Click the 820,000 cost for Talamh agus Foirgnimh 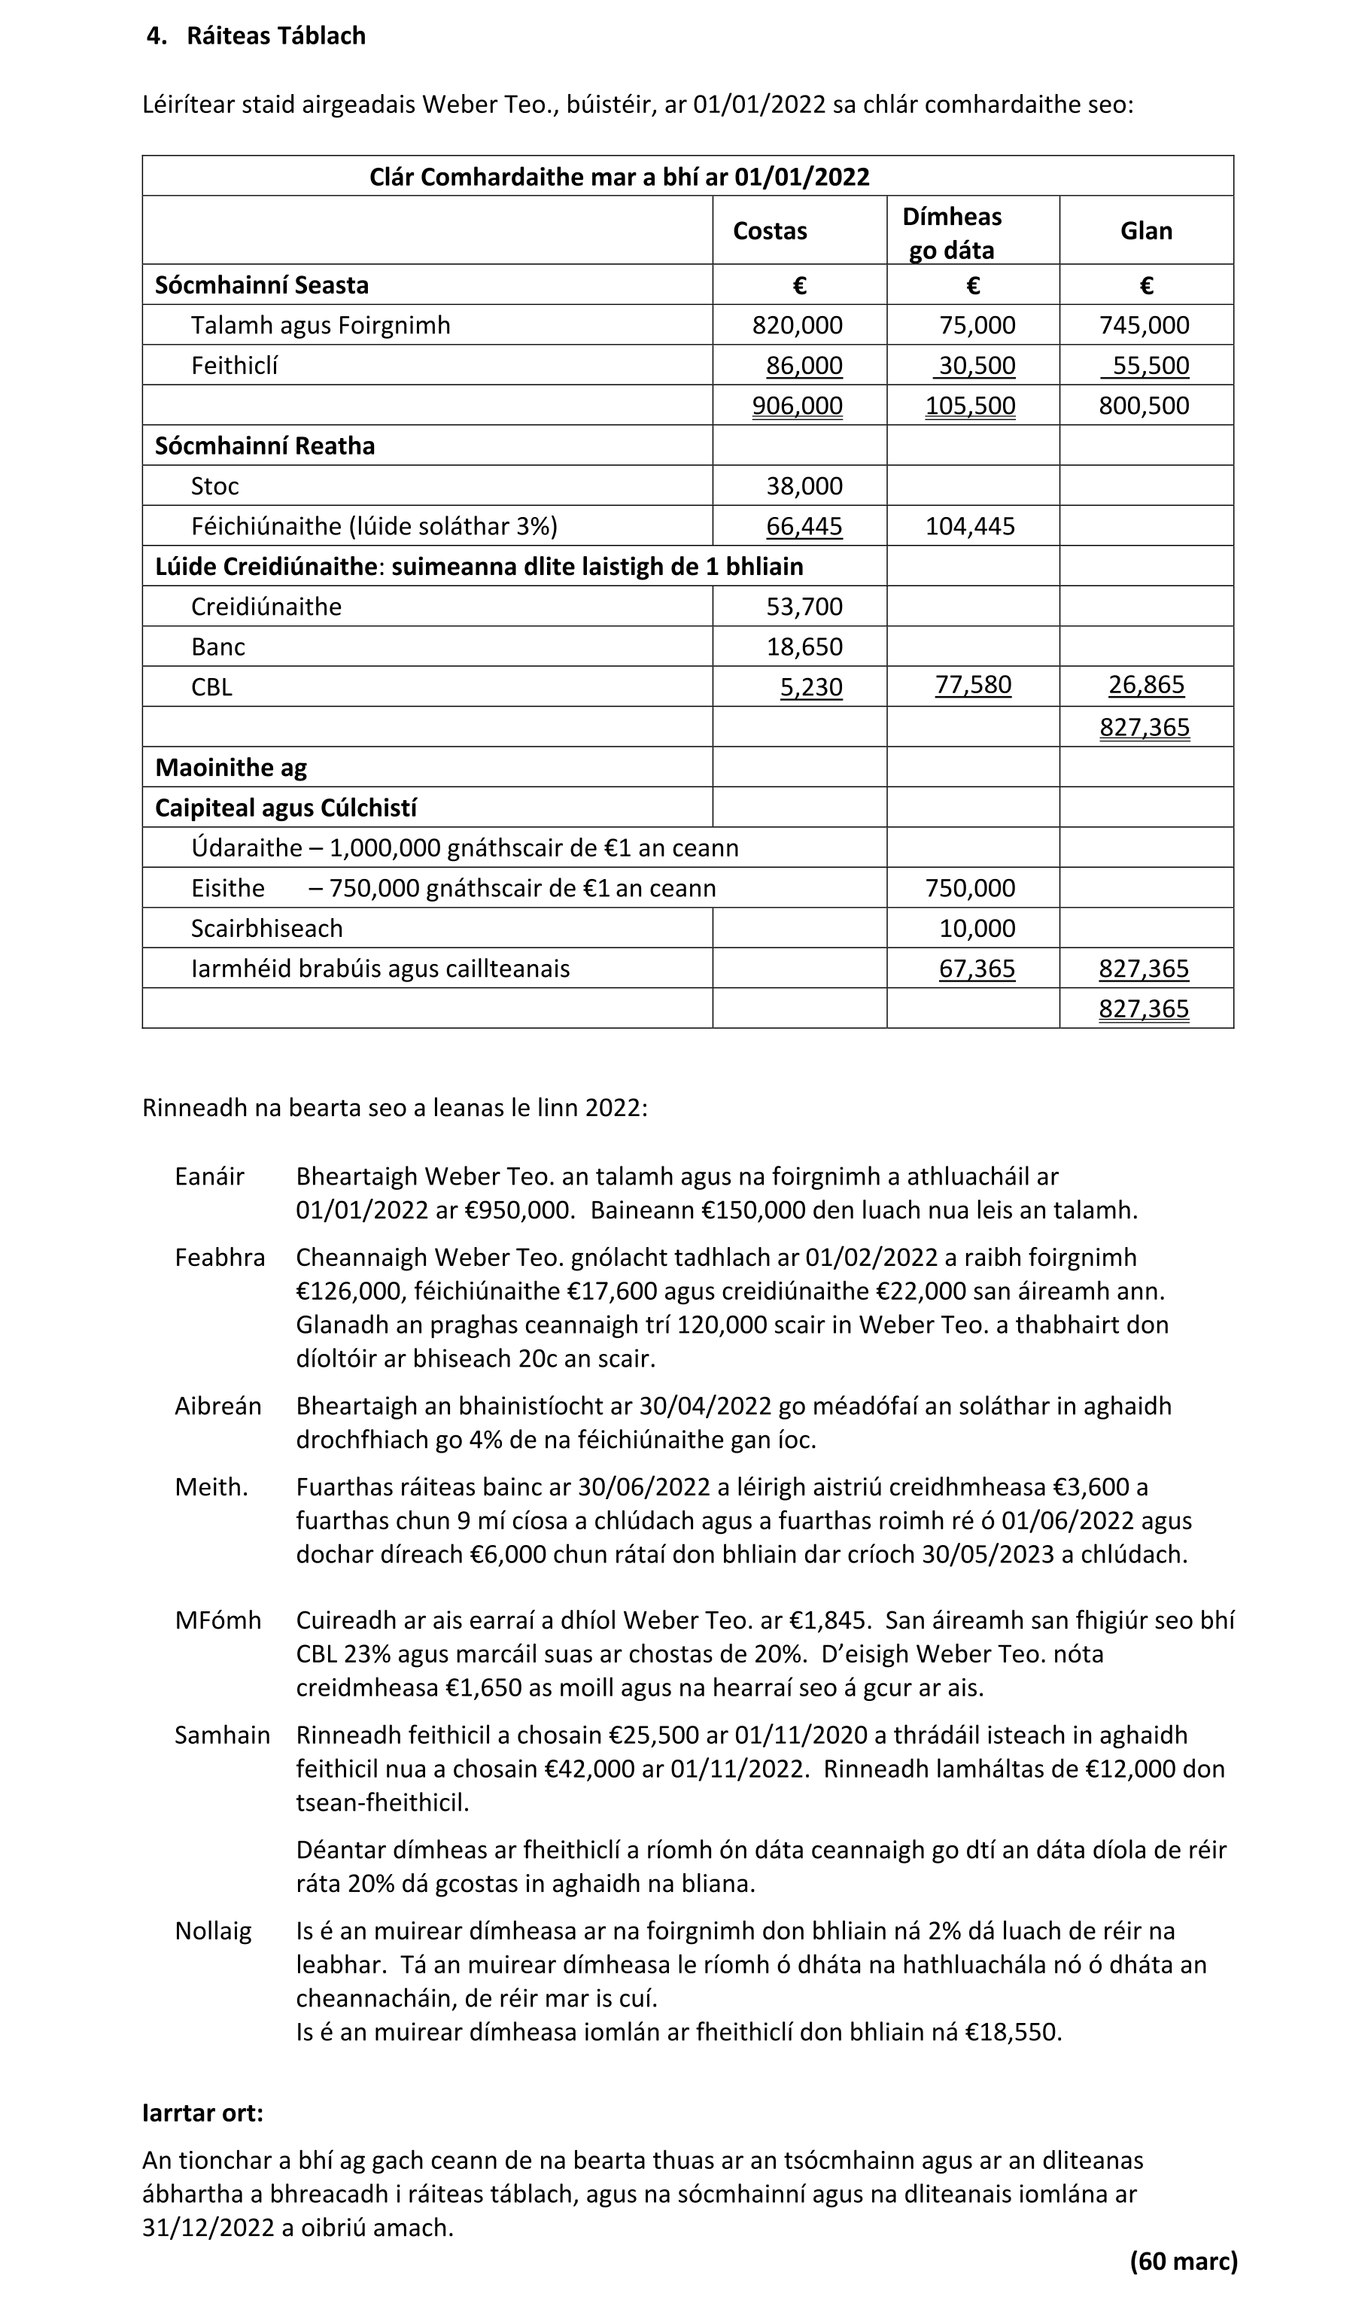click(798, 325)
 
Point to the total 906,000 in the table click(798, 406)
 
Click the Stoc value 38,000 click(804, 486)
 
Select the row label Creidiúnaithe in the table click(266, 607)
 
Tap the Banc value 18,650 click(804, 646)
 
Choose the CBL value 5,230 click(811, 688)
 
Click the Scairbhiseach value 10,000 click(977, 929)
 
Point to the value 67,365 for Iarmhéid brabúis click(977, 969)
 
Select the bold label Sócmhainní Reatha click(265, 446)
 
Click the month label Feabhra click(220, 1258)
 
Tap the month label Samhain click(222, 1735)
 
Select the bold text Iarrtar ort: click(203, 2113)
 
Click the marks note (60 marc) click(1184, 2261)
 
